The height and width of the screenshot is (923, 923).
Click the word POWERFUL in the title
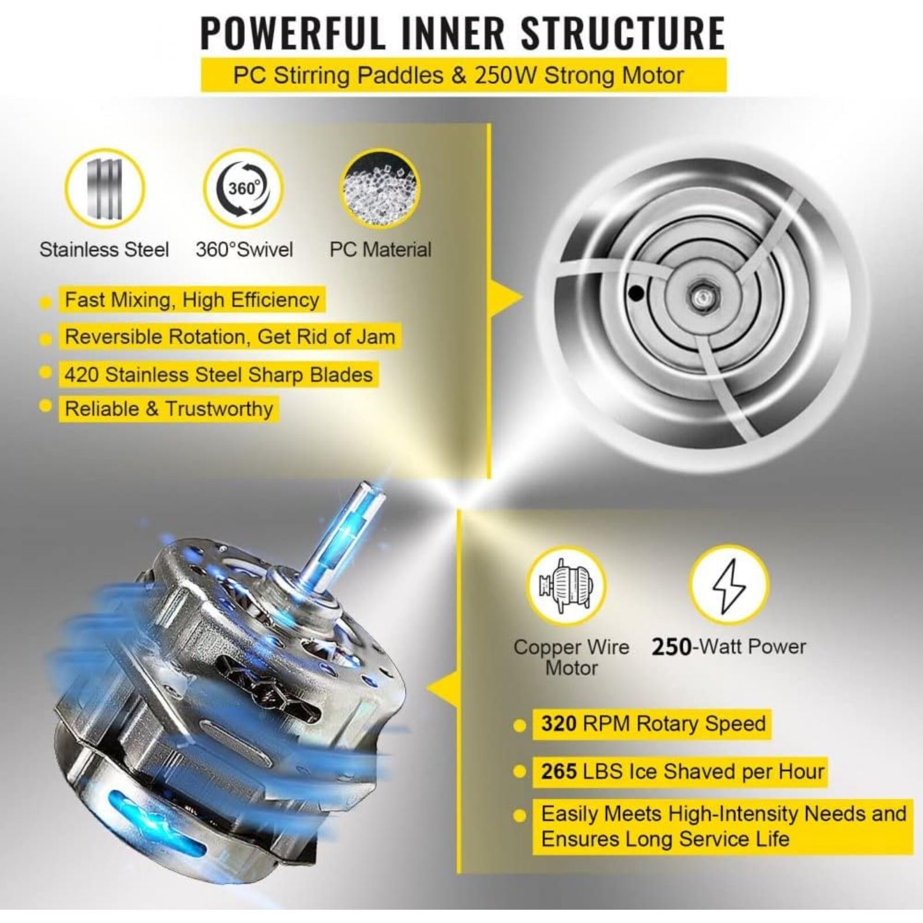point(292,33)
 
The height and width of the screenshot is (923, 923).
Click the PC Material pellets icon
point(380,189)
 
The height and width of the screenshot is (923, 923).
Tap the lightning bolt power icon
point(729,584)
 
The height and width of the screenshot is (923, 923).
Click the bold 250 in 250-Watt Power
point(671,647)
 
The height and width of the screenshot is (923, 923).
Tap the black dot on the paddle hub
point(636,293)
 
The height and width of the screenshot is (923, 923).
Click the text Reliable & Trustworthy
point(169,408)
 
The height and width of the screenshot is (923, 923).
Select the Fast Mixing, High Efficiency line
point(192,300)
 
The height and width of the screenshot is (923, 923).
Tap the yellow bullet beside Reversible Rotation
point(46,339)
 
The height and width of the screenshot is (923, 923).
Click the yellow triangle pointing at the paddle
point(506,298)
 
